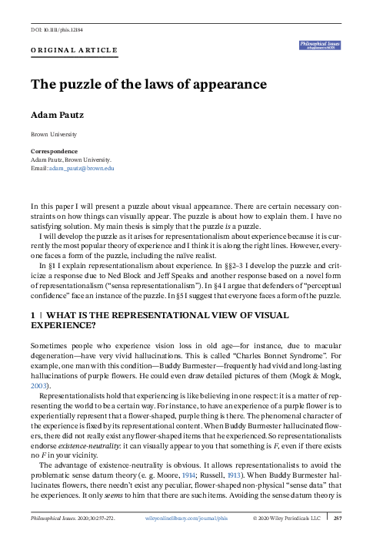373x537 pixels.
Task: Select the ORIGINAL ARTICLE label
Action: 74,52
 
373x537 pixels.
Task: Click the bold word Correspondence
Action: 54,151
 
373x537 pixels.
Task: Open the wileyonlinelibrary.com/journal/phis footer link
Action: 187,530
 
